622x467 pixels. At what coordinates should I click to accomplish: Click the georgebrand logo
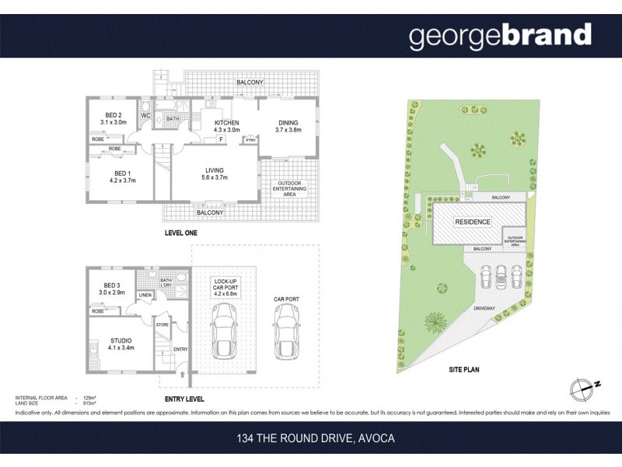click(x=500, y=36)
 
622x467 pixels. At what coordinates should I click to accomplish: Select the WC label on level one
click(x=145, y=116)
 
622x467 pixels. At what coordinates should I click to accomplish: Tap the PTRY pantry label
click(x=250, y=140)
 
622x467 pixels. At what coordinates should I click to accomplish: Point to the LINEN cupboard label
click(x=145, y=295)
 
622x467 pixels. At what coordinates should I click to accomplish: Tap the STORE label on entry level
click(x=162, y=325)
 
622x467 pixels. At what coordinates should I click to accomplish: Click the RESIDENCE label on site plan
click(x=473, y=222)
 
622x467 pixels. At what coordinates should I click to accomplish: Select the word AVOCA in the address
click(x=376, y=438)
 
